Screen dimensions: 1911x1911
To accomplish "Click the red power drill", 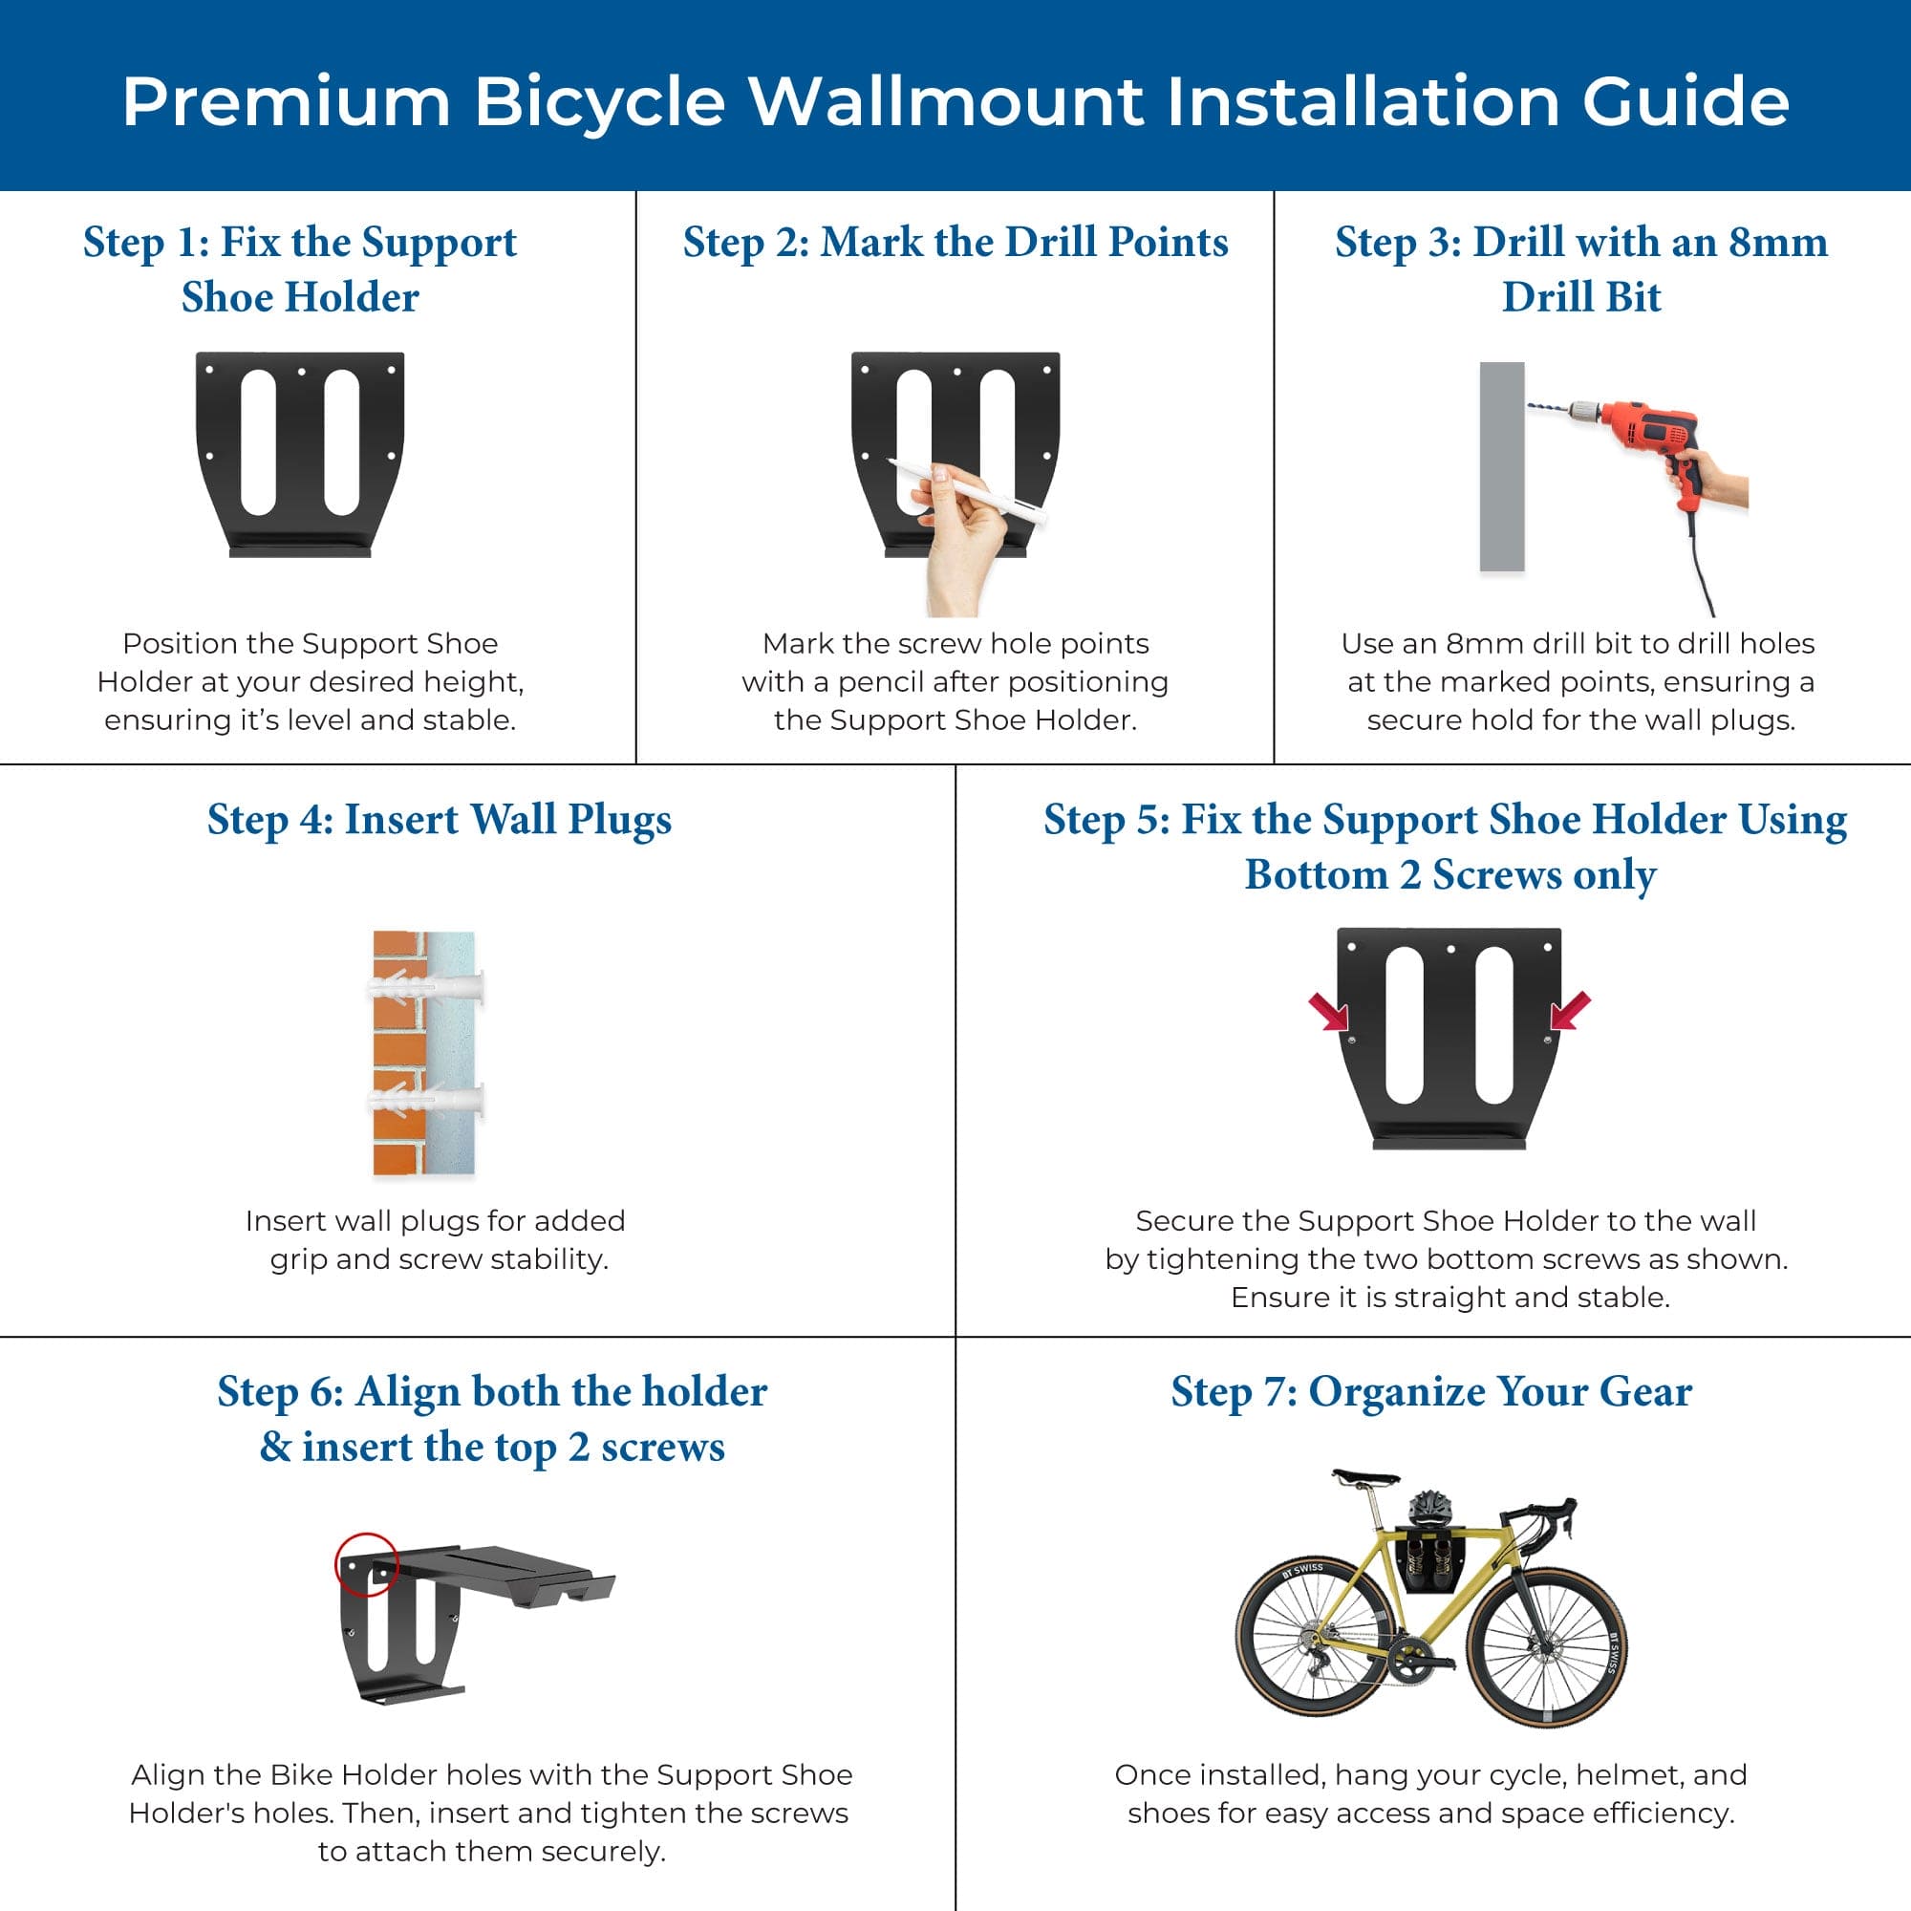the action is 1642,445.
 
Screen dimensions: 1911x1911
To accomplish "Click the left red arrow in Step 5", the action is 1328,1012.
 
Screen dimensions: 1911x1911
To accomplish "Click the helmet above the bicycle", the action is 1430,1508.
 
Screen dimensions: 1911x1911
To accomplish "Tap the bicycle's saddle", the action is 1365,1479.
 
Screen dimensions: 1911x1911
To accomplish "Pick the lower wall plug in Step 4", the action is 425,1100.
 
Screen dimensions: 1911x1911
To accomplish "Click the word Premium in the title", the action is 287,102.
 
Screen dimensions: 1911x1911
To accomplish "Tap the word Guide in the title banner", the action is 1686,101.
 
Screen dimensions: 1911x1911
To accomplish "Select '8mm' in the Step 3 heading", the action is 1777,243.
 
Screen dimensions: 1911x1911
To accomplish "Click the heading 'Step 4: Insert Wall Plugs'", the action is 440,820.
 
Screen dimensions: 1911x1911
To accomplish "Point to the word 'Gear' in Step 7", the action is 1646,1392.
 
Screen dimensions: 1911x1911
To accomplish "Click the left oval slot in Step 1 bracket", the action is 258,442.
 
